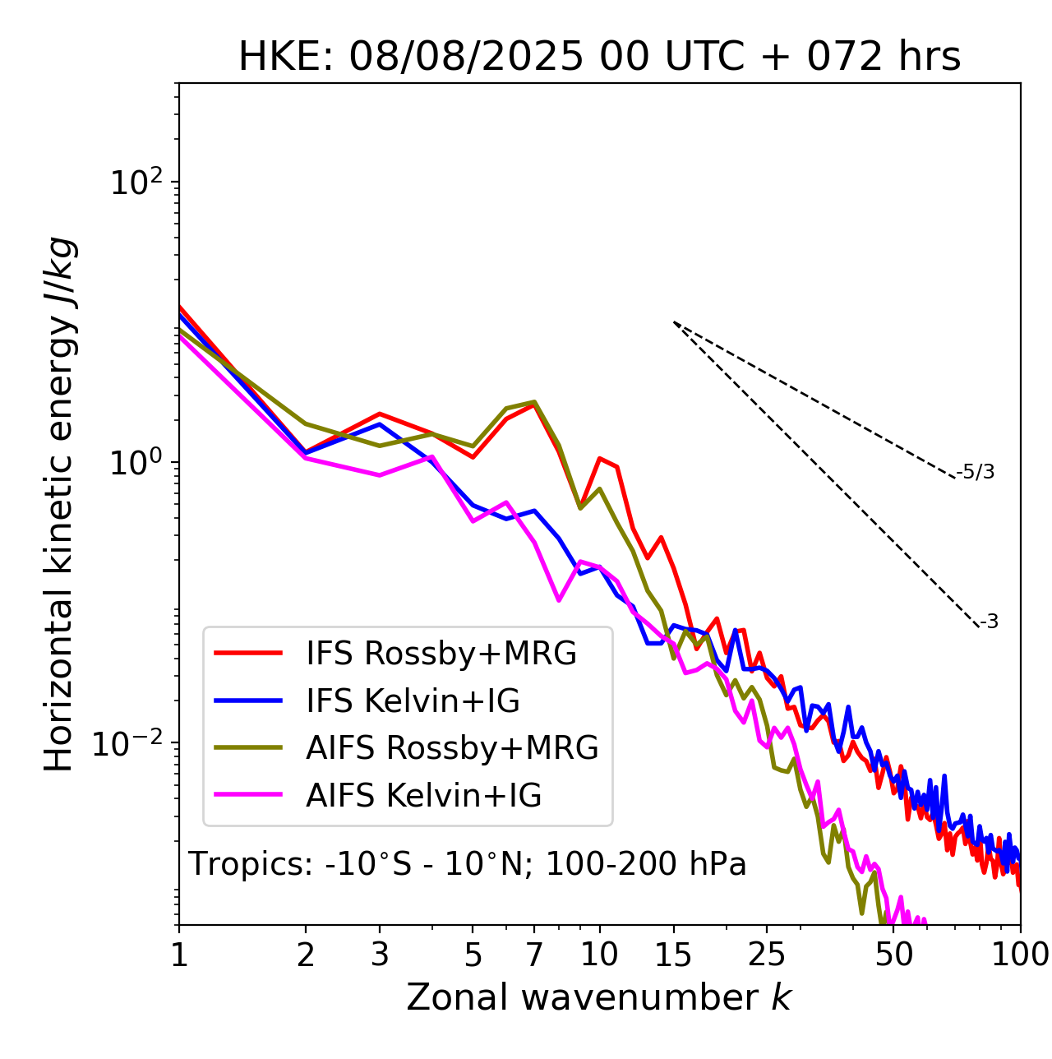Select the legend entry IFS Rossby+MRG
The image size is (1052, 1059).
pos(441,654)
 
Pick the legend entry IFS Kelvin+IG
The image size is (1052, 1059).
pos(413,701)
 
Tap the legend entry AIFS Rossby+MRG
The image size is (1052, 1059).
pos(452,748)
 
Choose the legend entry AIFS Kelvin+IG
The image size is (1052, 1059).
pos(423,796)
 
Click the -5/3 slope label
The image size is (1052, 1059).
pos(976,473)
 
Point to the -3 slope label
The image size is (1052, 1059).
pos(989,622)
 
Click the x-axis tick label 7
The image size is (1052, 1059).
pos(534,955)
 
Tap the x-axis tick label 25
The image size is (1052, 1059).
pos(767,955)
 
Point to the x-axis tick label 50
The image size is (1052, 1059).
pos(894,955)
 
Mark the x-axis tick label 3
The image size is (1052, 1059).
pos(380,955)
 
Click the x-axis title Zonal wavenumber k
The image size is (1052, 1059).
pos(599,997)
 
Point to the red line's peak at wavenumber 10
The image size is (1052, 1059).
pos(600,458)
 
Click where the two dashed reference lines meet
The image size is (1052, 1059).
pos(674,322)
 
